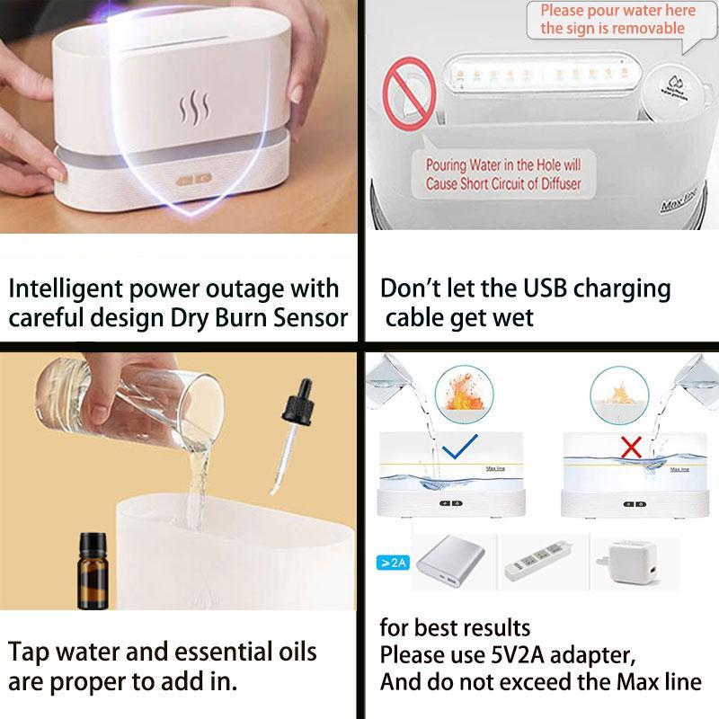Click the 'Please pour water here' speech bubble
tap(618, 20)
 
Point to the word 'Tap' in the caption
tap(31, 651)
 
